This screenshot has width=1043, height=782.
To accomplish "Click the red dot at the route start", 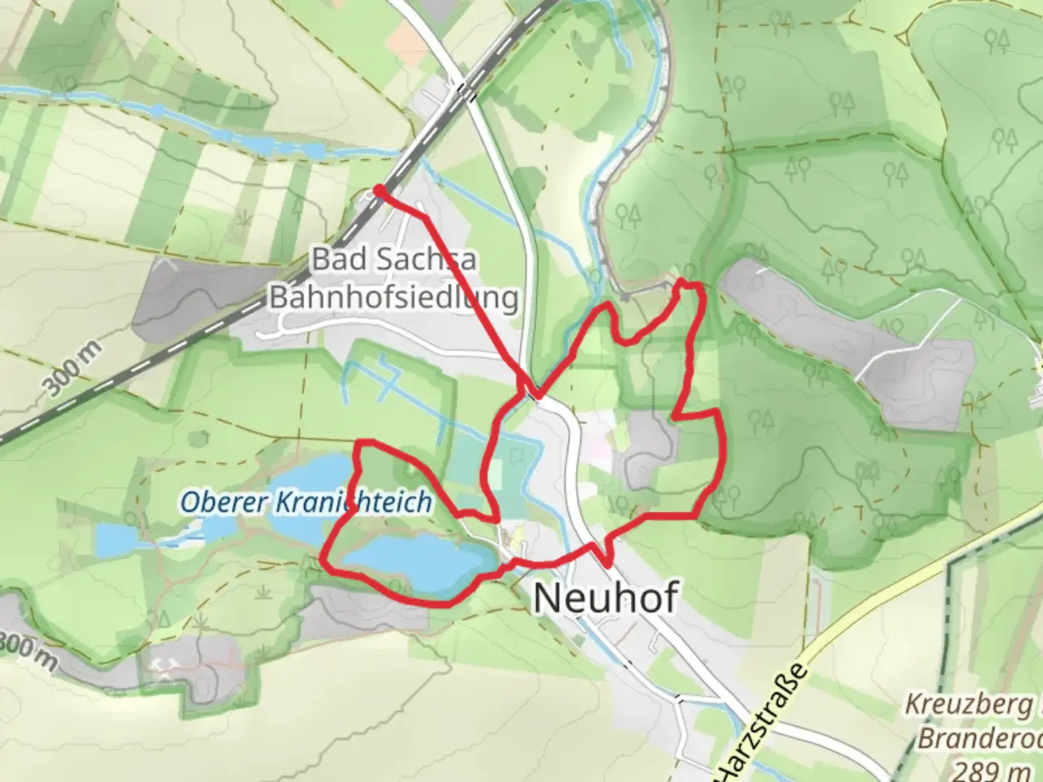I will (378, 190).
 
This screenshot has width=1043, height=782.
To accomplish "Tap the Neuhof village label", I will (606, 598).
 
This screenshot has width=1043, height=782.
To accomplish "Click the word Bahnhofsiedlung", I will (395, 298).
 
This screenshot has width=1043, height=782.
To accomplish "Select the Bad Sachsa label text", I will (395, 258).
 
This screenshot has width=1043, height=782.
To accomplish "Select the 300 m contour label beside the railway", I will (73, 370).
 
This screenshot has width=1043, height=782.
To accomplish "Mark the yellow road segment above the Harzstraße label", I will (905, 594).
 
